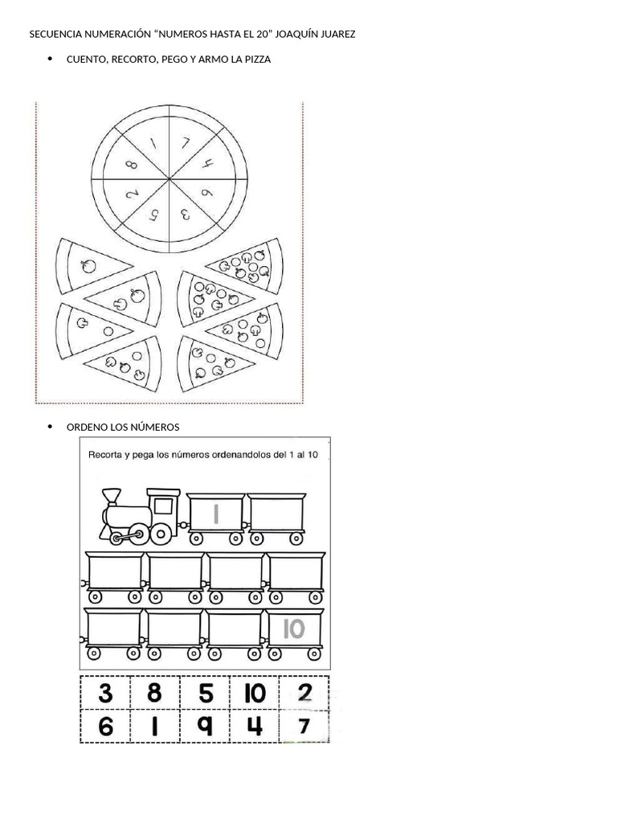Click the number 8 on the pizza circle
click(x=132, y=165)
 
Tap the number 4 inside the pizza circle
click(x=208, y=164)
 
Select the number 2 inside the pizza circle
click(x=132, y=194)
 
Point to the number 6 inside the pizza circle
click(x=207, y=193)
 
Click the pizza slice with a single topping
click(x=92, y=265)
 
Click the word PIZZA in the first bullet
click(x=258, y=59)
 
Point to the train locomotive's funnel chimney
click(x=111, y=497)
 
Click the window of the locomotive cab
click(x=164, y=506)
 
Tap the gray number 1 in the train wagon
click(x=215, y=514)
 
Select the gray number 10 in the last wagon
click(x=294, y=629)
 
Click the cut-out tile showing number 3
click(x=105, y=693)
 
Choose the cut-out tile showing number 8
click(x=154, y=693)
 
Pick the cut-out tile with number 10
click(x=255, y=693)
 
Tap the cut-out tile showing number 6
click(x=105, y=727)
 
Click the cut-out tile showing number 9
click(x=205, y=727)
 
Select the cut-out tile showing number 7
click(x=304, y=727)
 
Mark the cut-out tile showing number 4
click(x=255, y=727)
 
